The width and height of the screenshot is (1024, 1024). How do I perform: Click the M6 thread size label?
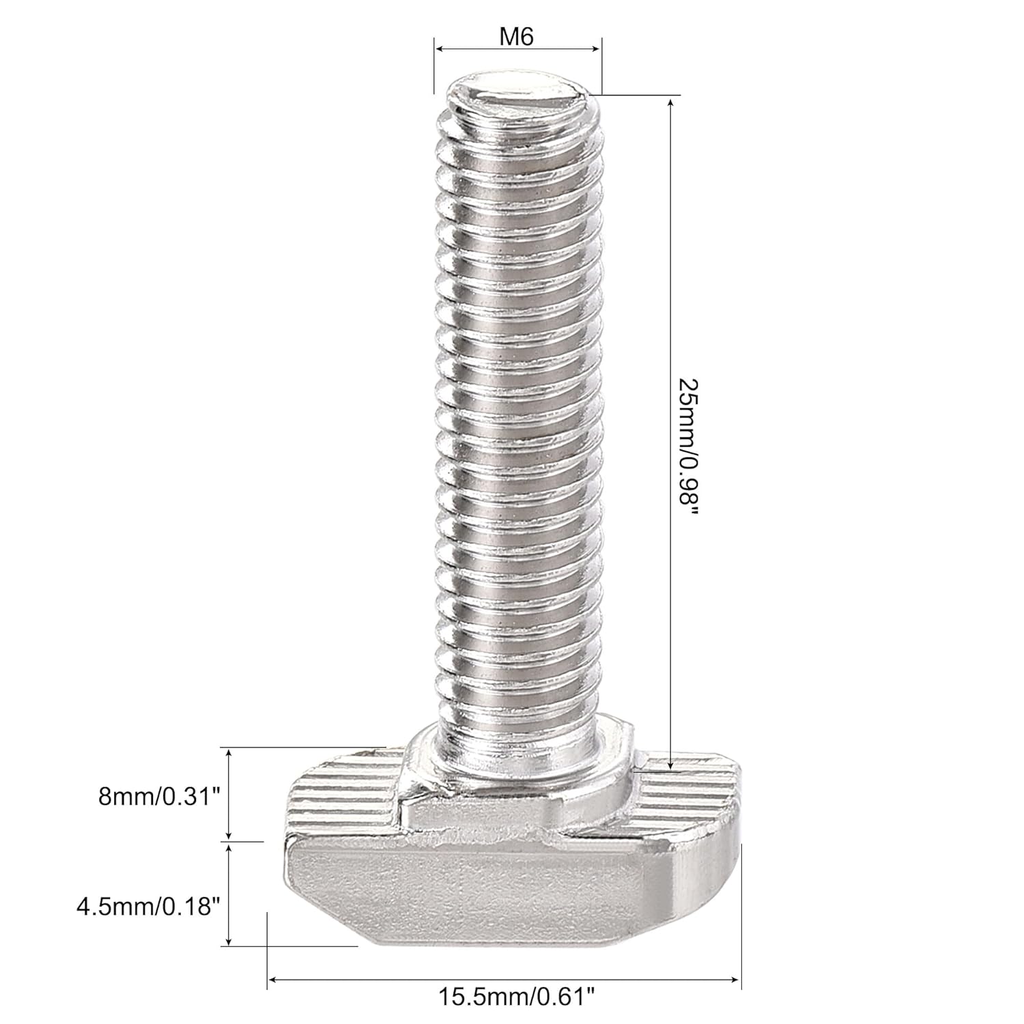(516, 36)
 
